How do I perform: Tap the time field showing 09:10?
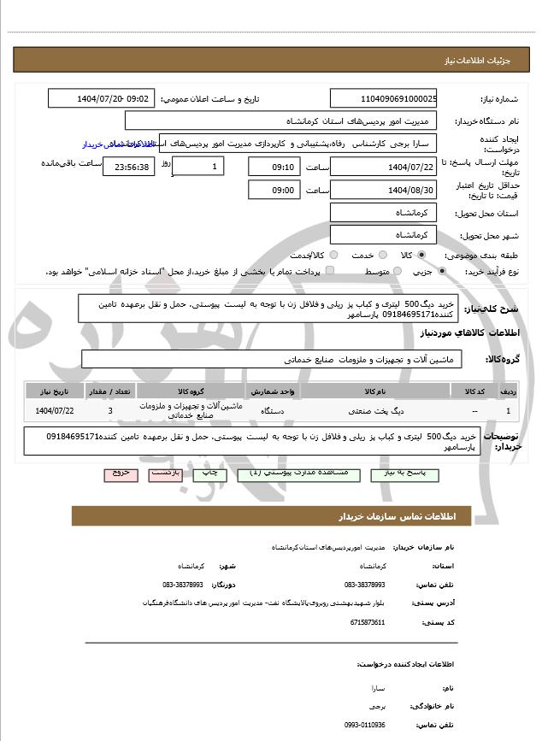pyautogui.click(x=274, y=166)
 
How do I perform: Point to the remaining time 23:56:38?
pyautogui.click(x=129, y=166)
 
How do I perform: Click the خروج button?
pyautogui.click(x=120, y=473)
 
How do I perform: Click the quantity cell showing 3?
pyautogui.click(x=109, y=411)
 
